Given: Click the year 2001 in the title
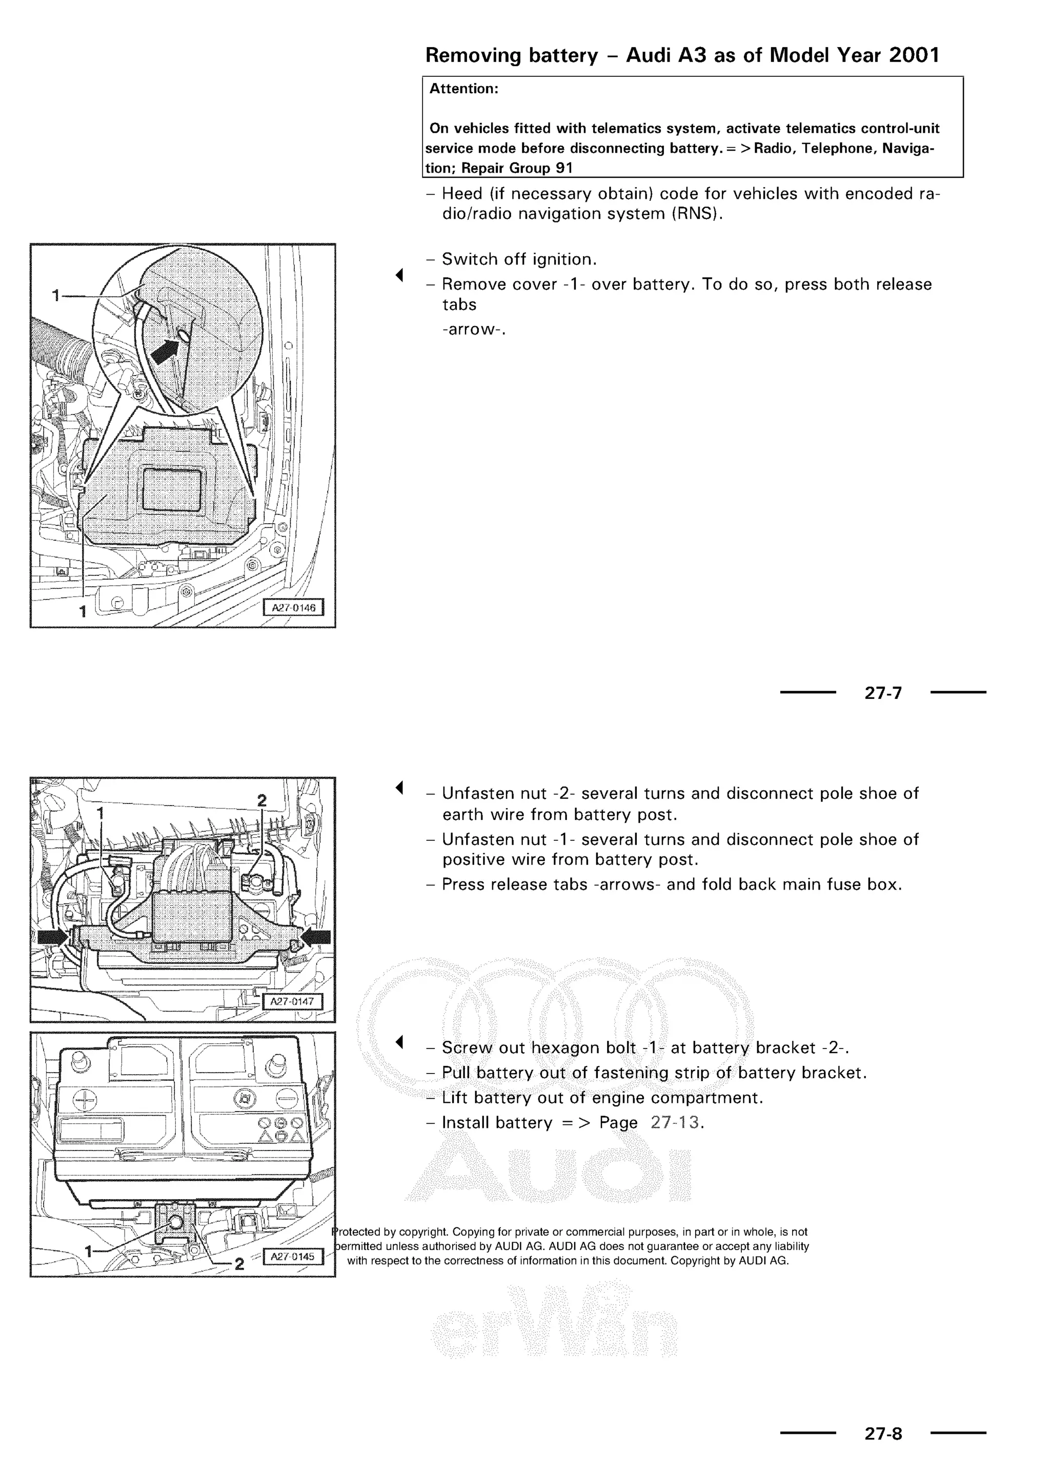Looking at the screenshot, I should [x=914, y=55].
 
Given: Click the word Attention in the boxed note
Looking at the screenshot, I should [x=463, y=89].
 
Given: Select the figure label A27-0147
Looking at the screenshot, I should [x=292, y=1001].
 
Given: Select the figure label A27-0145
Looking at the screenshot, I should [x=292, y=1256].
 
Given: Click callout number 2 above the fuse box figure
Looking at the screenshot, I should [x=262, y=801].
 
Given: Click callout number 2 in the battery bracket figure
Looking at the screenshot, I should [x=239, y=1264].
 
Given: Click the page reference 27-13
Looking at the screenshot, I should [x=675, y=1123].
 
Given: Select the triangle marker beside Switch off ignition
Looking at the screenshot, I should [x=399, y=275].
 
